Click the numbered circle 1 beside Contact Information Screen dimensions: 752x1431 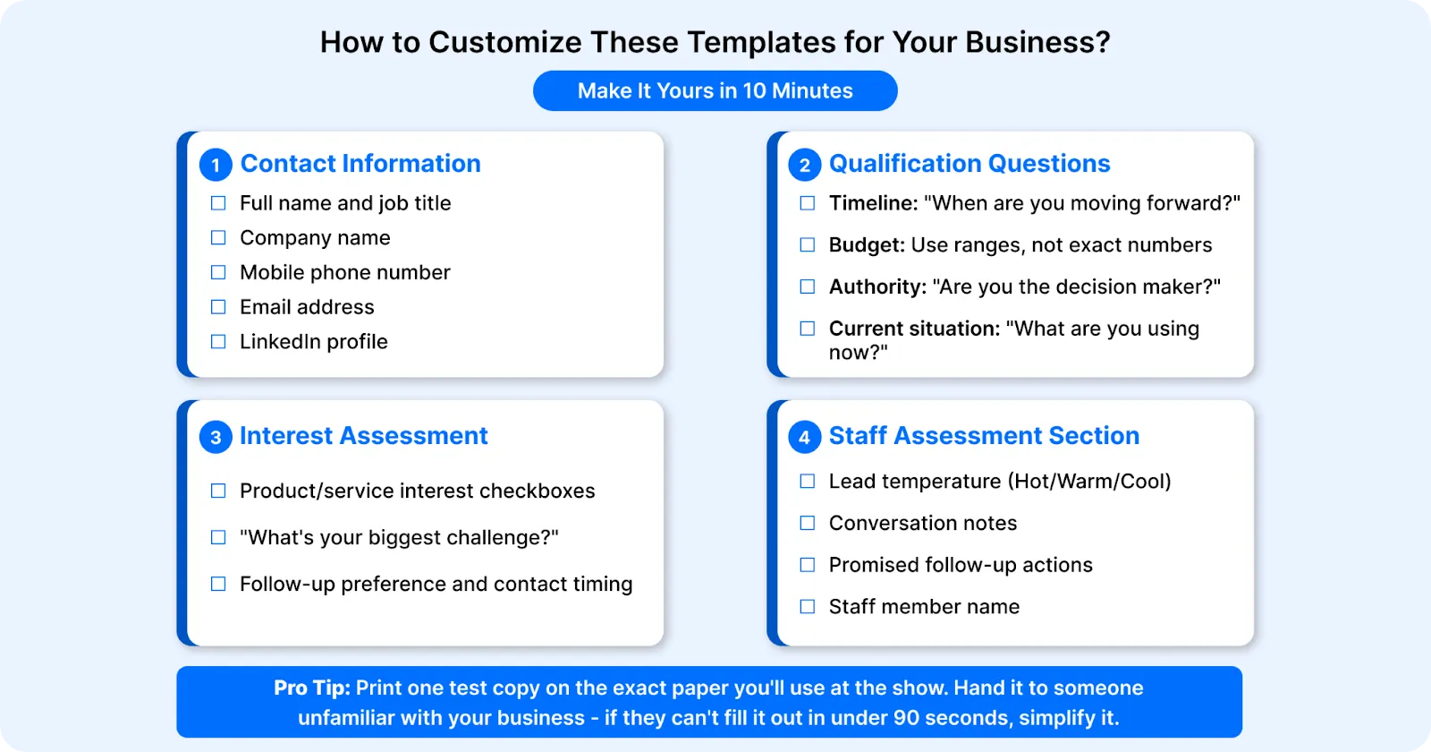tap(216, 165)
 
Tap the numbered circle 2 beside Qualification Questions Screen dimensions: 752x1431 tap(804, 165)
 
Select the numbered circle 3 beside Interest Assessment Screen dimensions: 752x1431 tap(216, 437)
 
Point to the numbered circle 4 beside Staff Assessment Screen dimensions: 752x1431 tap(804, 437)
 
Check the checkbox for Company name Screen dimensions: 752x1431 tap(218, 238)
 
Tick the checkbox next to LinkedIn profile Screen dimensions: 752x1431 tap(218, 342)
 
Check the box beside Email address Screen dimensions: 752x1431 tap(218, 307)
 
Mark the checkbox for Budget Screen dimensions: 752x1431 tap(807, 245)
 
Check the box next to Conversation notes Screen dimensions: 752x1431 tap(807, 523)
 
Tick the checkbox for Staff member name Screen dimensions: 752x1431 tap(807, 607)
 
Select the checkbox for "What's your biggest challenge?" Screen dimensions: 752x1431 tap(218, 537)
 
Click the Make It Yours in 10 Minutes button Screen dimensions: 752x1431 tap(715, 91)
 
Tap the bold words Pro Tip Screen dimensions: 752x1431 tap(311, 688)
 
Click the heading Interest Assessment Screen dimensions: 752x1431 tap(363, 436)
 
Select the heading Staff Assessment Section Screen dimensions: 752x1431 tap(984, 436)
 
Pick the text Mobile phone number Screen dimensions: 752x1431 tap(344, 273)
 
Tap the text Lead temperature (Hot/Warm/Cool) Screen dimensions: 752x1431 tap(999, 482)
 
